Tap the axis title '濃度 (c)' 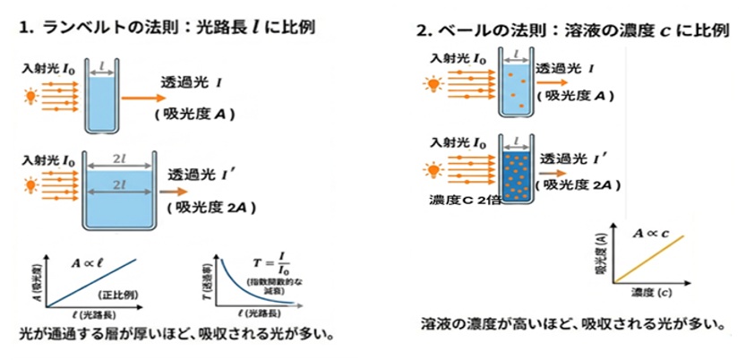[x=652, y=294]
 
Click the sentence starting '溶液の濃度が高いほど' [x=571, y=322]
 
